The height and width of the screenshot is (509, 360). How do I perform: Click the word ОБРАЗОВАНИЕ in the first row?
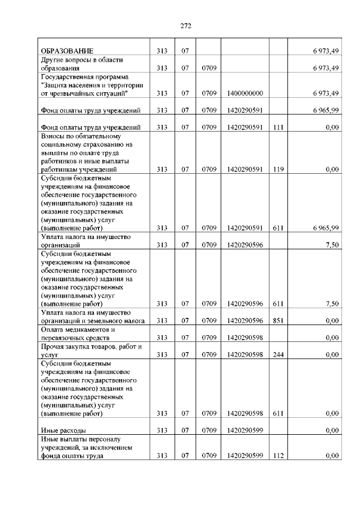click(x=66, y=51)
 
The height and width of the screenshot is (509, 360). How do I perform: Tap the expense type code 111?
click(x=277, y=127)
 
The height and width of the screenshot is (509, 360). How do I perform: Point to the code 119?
click(x=277, y=169)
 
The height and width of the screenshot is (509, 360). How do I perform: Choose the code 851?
click(x=277, y=321)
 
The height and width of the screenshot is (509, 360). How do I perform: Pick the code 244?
click(x=277, y=355)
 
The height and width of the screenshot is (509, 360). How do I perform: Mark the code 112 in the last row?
click(x=277, y=456)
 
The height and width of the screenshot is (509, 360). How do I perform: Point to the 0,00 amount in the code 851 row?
click(x=332, y=321)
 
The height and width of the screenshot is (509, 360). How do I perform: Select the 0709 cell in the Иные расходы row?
click(x=209, y=430)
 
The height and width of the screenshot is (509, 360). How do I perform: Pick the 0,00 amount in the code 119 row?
click(x=332, y=169)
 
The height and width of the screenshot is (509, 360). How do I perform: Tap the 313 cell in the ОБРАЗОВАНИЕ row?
click(x=163, y=51)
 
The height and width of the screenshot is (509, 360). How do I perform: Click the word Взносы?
click(x=54, y=136)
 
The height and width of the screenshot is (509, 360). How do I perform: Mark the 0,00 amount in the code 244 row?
click(x=332, y=355)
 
